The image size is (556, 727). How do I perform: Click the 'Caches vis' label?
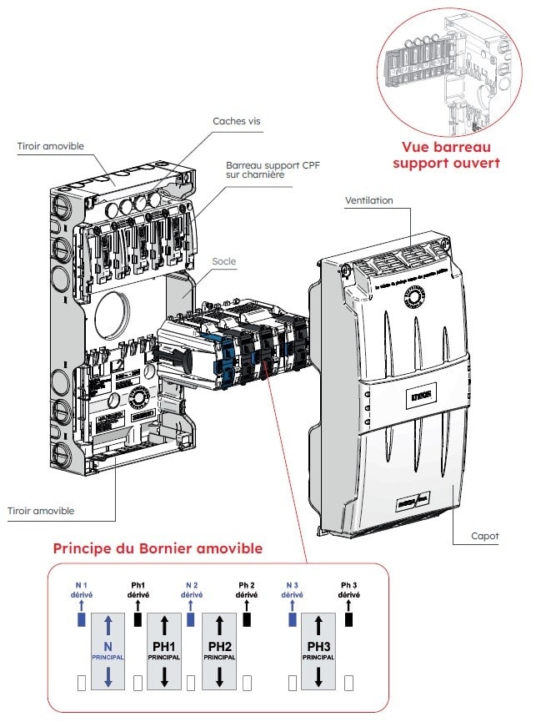(237, 121)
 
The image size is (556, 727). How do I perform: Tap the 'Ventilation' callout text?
(368, 200)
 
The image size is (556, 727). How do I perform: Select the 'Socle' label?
(223, 261)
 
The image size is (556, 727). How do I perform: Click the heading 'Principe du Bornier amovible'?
(158, 548)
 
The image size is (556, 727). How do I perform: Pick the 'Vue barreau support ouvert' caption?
(446, 155)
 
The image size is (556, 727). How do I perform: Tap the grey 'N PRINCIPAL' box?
(108, 651)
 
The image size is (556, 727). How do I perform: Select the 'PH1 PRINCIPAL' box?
(164, 651)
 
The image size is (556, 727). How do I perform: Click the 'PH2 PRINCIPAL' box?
(219, 651)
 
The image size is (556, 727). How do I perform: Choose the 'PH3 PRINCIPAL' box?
(317, 651)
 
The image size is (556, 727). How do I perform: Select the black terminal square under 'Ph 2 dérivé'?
(247, 620)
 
